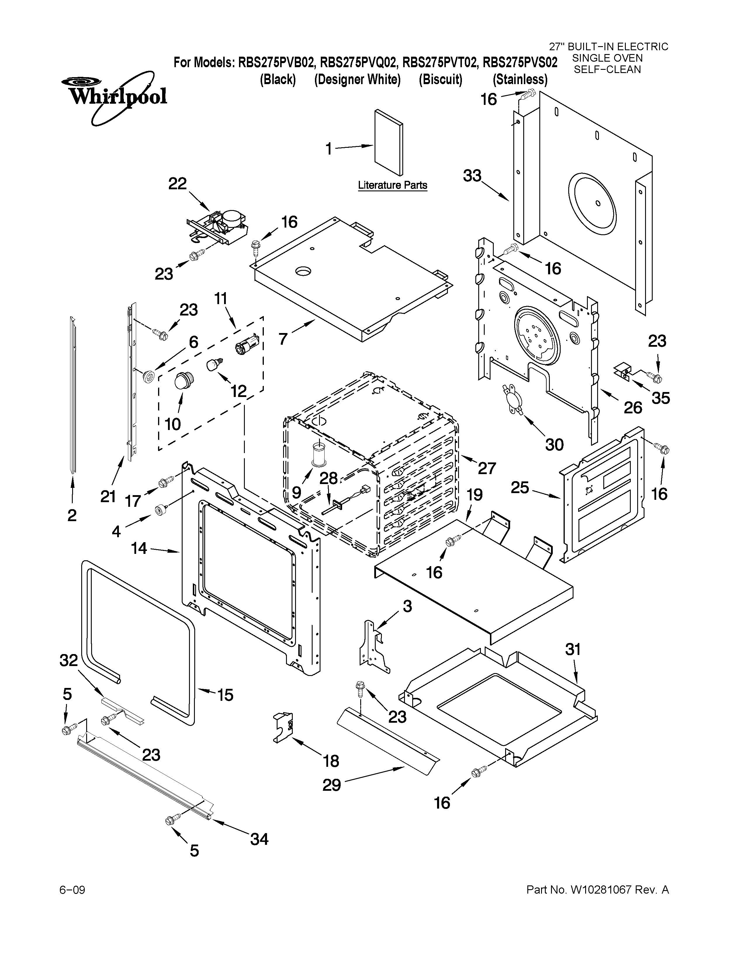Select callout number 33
click(472, 176)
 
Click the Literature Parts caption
click(392, 185)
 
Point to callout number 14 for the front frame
click(139, 548)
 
